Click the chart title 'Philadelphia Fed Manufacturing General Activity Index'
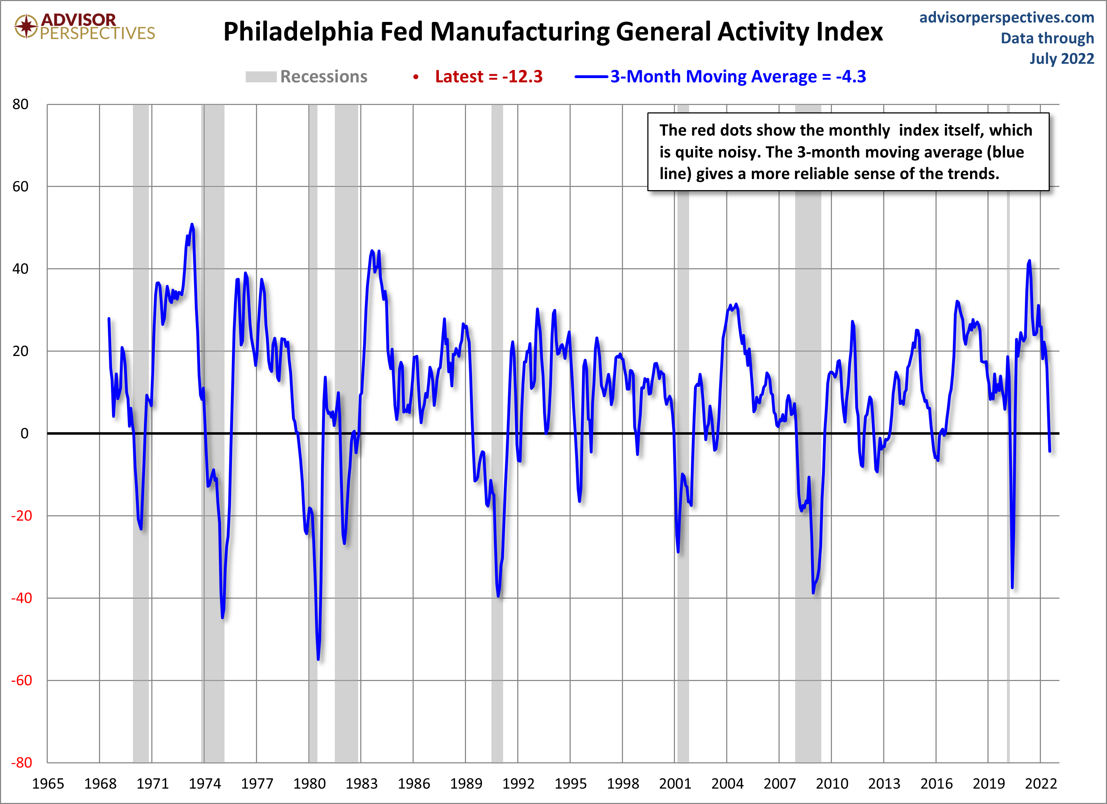[x=553, y=32]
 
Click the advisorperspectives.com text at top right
[x=1007, y=18]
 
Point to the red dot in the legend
[x=416, y=77]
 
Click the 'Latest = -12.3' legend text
[x=489, y=77]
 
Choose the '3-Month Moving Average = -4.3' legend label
[x=738, y=77]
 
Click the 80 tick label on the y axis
[x=21, y=104]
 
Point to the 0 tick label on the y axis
[x=24, y=433]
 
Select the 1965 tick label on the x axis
[x=48, y=784]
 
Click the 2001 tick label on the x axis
[x=675, y=784]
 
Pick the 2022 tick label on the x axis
[x=1041, y=784]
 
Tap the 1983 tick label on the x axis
[x=361, y=784]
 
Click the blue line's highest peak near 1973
[x=192, y=224]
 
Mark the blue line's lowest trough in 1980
[x=318, y=659]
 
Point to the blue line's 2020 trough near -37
[x=1012, y=587]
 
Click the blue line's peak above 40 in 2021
[x=1029, y=261]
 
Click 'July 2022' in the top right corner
[x=1062, y=59]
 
